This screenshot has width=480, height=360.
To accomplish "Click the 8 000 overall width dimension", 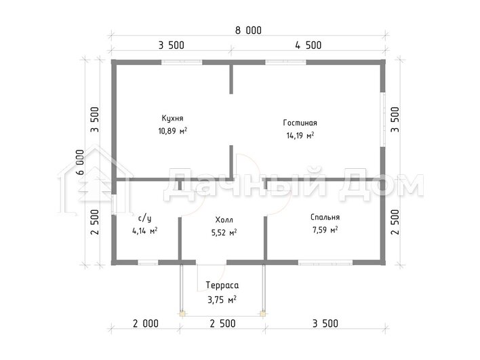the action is [x=248, y=31].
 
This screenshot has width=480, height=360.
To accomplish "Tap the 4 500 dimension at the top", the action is [x=308, y=45].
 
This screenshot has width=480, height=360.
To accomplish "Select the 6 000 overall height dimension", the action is [x=80, y=162].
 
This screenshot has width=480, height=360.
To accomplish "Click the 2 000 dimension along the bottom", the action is [x=146, y=323].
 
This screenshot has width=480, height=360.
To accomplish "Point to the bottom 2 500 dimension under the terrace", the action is [x=222, y=323].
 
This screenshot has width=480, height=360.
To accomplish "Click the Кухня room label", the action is [x=172, y=119].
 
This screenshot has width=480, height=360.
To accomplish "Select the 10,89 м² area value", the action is [x=173, y=131].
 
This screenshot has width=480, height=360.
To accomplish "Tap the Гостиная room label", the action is [x=300, y=123].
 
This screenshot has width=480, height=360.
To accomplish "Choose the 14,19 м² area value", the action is [x=300, y=136].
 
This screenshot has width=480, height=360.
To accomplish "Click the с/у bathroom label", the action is [x=145, y=218].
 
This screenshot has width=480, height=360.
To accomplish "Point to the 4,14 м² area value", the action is [x=145, y=231].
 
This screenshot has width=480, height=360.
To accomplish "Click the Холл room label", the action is [x=224, y=220].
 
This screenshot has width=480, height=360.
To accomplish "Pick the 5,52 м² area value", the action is [x=224, y=233].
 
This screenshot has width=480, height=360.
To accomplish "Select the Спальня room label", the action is [x=325, y=217].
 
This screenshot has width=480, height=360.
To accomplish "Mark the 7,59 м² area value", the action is [x=325, y=230].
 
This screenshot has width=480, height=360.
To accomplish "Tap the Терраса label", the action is [x=222, y=285].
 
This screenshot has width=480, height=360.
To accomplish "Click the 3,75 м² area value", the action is [x=222, y=300].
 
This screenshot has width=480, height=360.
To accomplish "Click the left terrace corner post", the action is [x=182, y=313].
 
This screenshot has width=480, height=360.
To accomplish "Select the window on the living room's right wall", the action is [x=382, y=119].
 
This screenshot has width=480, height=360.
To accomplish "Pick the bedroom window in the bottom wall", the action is [x=325, y=262].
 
